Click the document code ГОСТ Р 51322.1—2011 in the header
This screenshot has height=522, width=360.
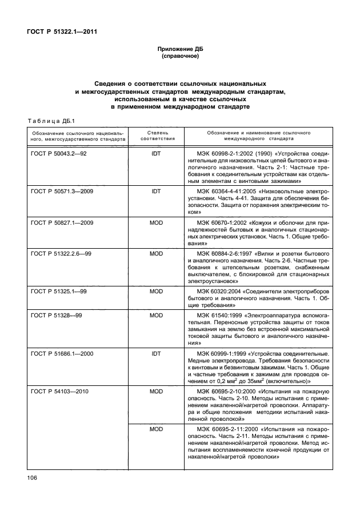point(63,31)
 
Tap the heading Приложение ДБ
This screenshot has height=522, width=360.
point(180,50)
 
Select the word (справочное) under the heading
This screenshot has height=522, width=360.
point(180,57)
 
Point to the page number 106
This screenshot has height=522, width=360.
point(32,477)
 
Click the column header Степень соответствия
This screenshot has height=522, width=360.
point(156,136)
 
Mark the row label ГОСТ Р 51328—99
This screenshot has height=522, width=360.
point(55,314)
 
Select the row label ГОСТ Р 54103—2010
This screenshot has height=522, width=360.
point(58,391)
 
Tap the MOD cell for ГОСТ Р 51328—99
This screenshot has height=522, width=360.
point(156,314)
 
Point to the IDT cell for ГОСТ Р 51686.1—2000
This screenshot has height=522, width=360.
point(156,354)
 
